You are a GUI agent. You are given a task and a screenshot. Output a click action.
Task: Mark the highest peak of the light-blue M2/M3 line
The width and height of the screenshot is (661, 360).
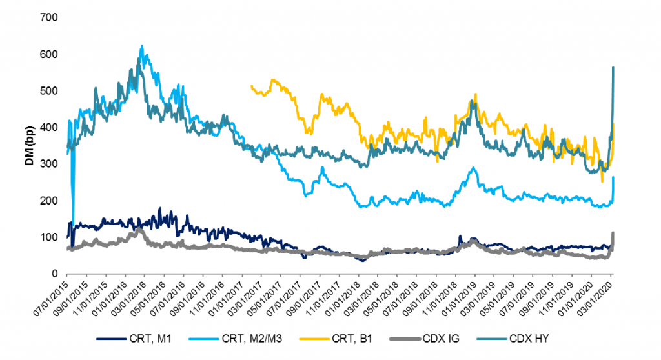141,46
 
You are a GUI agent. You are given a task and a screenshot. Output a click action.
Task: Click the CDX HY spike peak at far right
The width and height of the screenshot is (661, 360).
613,67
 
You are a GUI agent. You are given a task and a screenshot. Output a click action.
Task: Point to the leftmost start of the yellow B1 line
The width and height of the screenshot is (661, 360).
250,85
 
